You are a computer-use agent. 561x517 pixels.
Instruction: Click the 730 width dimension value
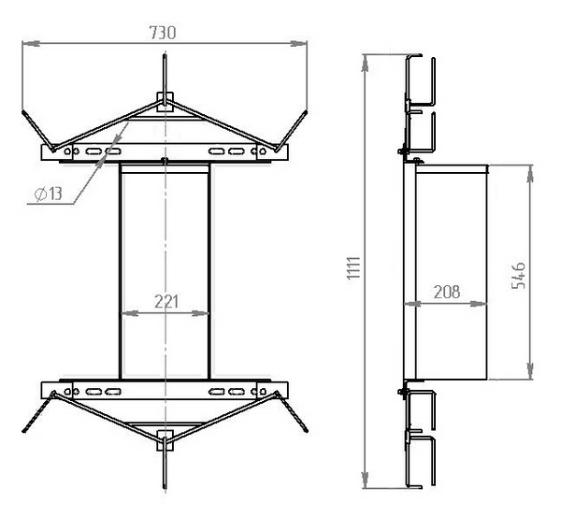(163, 33)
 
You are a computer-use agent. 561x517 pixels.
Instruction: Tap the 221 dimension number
(166, 302)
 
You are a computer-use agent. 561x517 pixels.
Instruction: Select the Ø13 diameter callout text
(49, 194)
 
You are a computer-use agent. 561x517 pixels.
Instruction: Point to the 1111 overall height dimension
(353, 267)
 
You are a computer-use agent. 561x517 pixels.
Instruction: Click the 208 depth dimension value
(447, 293)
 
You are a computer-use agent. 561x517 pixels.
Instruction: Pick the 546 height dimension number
(519, 276)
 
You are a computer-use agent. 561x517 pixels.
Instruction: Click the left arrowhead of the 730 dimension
(31, 43)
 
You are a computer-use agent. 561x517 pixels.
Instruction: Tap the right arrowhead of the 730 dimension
(298, 43)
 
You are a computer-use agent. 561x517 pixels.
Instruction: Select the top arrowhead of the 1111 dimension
(365, 63)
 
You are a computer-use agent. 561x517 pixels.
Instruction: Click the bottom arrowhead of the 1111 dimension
(365, 480)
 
